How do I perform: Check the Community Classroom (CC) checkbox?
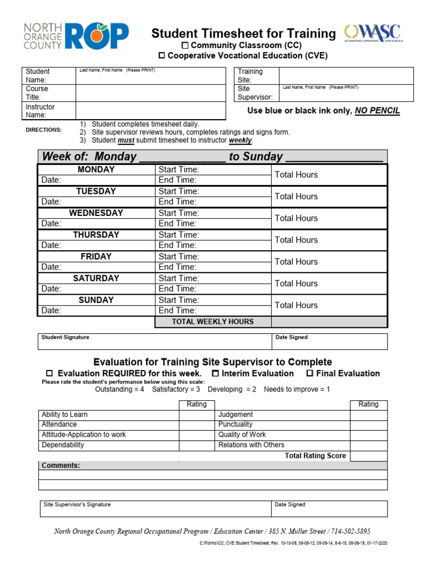(x=186, y=44)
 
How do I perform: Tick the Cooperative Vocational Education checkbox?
(x=162, y=55)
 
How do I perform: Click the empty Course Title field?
(x=151, y=92)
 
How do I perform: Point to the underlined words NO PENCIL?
(x=377, y=111)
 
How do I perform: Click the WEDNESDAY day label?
(x=96, y=213)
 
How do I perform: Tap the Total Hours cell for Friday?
(x=329, y=261)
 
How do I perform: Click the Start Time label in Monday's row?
(x=179, y=169)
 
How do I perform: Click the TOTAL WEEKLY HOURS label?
(x=212, y=322)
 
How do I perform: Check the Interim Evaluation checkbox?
(x=216, y=373)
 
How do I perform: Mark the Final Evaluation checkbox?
(x=310, y=373)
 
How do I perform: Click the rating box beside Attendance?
(x=196, y=425)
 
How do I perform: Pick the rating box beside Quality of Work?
(x=369, y=435)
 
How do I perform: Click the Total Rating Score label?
(x=315, y=456)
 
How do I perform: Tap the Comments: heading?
(x=61, y=466)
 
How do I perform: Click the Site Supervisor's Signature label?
(x=77, y=504)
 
